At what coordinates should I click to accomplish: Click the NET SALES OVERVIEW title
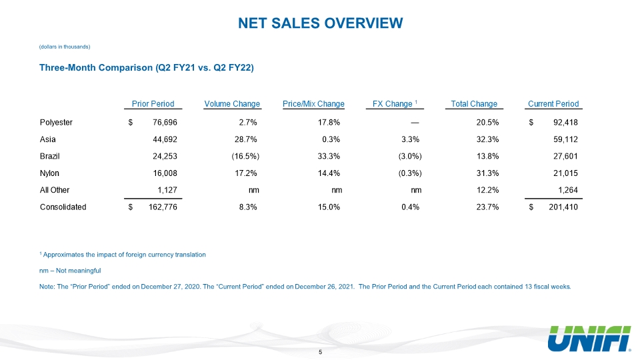pyautogui.click(x=321, y=23)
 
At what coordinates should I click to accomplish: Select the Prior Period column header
pyautogui.click(x=153, y=104)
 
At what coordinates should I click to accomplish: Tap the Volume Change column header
pyautogui.click(x=232, y=104)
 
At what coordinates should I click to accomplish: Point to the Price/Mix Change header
pyautogui.click(x=313, y=104)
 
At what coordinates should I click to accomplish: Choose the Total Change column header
pyautogui.click(x=474, y=104)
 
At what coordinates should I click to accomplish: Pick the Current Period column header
pyautogui.click(x=553, y=104)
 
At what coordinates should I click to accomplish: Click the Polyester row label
pyautogui.click(x=56, y=123)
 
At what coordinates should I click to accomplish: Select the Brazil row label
pyautogui.click(x=50, y=156)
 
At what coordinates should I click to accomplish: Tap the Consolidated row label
pyautogui.click(x=63, y=207)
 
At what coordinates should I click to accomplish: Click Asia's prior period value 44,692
pyautogui.click(x=165, y=139)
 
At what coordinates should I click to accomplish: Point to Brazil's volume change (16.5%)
pyautogui.click(x=245, y=156)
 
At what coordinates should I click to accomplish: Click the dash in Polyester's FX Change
pyautogui.click(x=415, y=123)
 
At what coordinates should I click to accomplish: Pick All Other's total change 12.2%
pyautogui.click(x=487, y=190)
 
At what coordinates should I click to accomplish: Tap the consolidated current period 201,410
pyautogui.click(x=563, y=207)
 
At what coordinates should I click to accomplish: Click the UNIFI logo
pyautogui.click(x=589, y=339)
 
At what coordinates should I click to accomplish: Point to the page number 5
pyautogui.click(x=321, y=352)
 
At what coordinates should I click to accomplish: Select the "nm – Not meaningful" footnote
pyautogui.click(x=70, y=271)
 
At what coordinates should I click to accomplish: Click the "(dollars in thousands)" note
pyautogui.click(x=65, y=47)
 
